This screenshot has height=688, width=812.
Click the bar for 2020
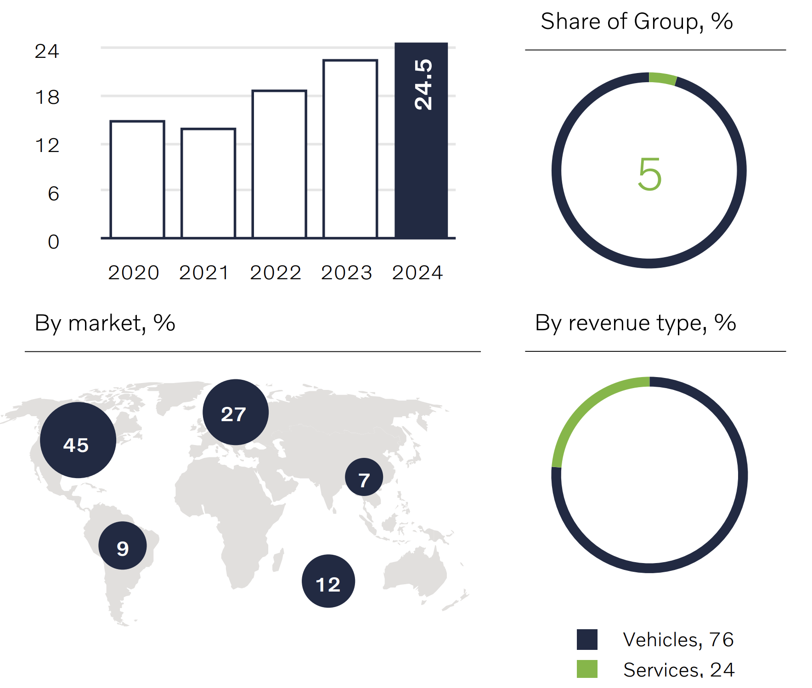point(137,179)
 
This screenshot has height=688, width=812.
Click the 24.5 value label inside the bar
point(423,85)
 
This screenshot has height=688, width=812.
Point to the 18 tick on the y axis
point(47,97)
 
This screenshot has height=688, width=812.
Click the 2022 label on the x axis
point(276,273)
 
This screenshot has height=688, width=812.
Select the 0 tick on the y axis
point(53,242)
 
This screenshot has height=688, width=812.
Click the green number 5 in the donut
point(649,175)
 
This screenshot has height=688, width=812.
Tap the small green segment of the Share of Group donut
point(663,79)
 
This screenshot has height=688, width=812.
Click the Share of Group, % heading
point(637,22)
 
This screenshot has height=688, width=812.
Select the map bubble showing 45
point(78,440)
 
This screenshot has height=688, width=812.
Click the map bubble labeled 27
point(235,412)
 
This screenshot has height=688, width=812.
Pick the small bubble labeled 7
point(364,477)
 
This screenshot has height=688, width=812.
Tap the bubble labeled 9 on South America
point(123,546)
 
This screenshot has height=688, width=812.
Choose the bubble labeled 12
point(328,581)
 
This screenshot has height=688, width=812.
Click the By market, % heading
point(105,323)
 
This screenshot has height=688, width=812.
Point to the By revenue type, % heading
point(636,323)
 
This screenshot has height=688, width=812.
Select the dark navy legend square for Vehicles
point(587,639)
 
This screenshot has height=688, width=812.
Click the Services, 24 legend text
point(678,670)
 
